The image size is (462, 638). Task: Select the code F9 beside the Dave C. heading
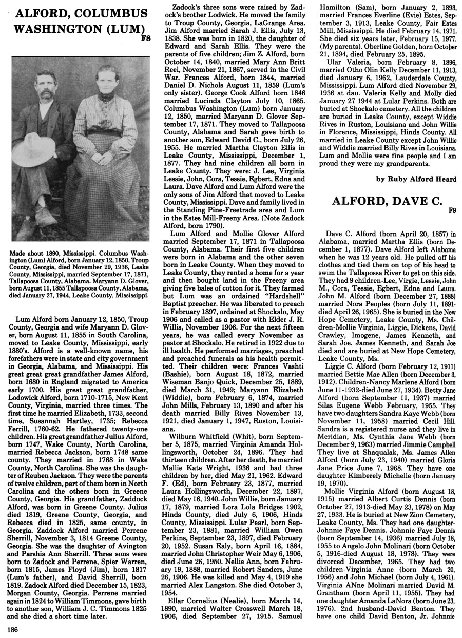[452, 210]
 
